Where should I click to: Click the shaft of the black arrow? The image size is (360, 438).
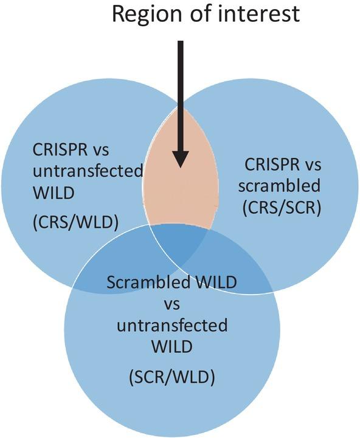(x=180, y=91)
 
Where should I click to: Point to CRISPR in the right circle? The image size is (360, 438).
(x=269, y=163)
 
